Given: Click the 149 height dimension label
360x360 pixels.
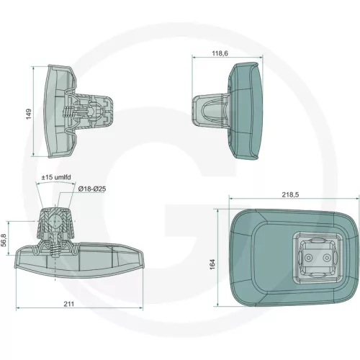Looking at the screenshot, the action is pos(29,114).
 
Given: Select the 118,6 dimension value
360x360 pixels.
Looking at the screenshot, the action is pos(220,53).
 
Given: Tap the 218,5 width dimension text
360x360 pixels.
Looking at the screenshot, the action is pos(290,194).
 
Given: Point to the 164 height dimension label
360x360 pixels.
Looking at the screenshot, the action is pos(212,264).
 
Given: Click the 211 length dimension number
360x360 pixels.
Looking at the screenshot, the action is pos(69,304).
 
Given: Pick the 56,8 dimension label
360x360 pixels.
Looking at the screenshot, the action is pos(4,240).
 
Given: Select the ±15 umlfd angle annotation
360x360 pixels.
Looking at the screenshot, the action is pos(56,177).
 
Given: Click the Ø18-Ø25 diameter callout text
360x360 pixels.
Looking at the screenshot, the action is pos(92,189).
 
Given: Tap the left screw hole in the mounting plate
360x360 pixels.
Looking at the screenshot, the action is pos(308,258).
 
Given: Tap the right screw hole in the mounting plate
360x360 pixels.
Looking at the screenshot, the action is pos(326,258).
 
